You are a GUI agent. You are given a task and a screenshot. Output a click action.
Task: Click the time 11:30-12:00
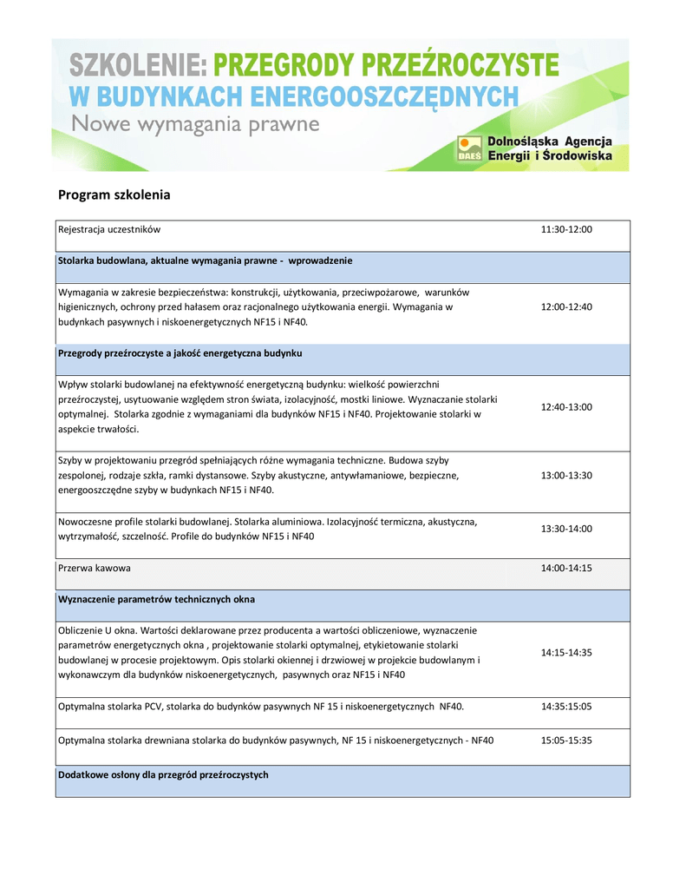click(x=565, y=229)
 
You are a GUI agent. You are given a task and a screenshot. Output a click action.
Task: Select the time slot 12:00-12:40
click(x=565, y=306)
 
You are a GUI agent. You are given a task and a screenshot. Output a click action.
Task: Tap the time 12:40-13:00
click(x=565, y=406)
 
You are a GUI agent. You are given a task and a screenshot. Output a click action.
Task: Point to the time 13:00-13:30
click(x=565, y=476)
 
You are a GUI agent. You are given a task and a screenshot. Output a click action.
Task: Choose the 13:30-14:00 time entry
click(x=565, y=528)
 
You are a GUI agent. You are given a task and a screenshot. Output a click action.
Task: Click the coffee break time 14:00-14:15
click(x=565, y=568)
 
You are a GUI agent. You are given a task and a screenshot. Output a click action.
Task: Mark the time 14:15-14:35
click(x=565, y=652)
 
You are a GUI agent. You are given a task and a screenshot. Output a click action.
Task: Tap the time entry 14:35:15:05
click(x=565, y=707)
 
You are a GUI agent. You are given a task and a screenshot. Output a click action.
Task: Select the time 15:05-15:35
click(x=565, y=741)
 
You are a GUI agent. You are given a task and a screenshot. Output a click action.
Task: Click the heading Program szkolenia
click(x=114, y=194)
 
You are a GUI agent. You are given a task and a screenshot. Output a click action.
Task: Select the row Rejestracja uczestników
click(x=109, y=229)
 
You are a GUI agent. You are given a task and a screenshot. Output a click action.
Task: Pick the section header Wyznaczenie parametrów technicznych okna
click(x=156, y=599)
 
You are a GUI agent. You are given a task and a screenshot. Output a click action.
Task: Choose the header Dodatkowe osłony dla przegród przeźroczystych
click(x=163, y=774)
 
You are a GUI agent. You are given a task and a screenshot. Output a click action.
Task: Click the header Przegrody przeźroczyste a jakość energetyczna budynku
click(x=180, y=352)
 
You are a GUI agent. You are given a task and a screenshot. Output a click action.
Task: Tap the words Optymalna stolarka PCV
click(x=114, y=707)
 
